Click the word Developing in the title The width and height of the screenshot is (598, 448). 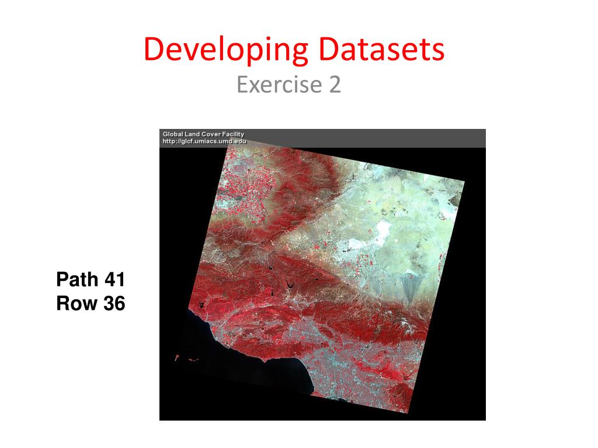coord(225,51)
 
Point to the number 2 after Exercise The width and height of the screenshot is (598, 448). coord(334,85)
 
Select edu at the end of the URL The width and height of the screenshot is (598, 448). coord(241,141)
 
